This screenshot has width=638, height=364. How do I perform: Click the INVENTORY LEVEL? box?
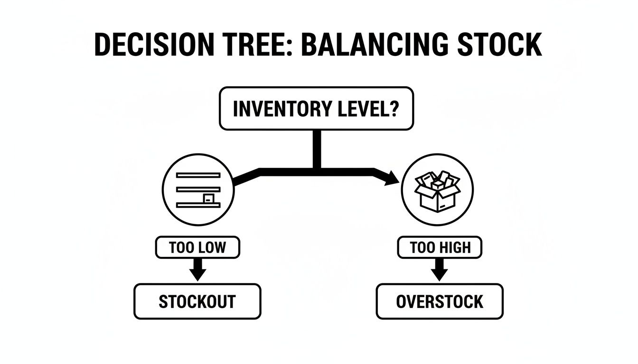click(316, 109)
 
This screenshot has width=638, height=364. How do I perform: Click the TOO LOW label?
click(198, 247)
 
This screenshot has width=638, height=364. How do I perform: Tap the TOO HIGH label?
click(440, 247)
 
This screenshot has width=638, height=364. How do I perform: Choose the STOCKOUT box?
click(197, 301)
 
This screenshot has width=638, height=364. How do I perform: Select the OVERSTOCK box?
click(440, 301)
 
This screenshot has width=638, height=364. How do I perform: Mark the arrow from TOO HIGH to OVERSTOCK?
click(440, 270)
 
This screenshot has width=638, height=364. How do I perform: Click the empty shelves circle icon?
click(198, 191)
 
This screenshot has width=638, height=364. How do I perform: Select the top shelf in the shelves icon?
click(198, 175)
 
